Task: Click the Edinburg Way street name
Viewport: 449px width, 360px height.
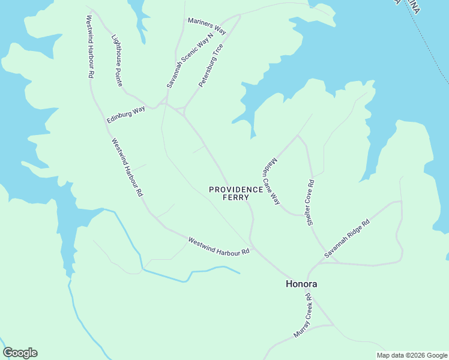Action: [x=126, y=114]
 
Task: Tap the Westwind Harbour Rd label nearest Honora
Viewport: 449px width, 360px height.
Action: [x=218, y=247]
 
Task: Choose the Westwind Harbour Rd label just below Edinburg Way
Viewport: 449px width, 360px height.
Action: [x=127, y=167]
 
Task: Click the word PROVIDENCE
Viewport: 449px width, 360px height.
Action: [x=236, y=189]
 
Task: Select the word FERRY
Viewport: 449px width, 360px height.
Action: [x=235, y=197]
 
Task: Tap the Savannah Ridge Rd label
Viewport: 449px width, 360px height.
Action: [x=347, y=239]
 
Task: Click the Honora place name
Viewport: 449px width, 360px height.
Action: [x=301, y=284]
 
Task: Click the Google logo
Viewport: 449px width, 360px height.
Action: [x=20, y=353]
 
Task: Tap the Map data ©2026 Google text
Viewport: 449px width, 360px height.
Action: [x=411, y=355]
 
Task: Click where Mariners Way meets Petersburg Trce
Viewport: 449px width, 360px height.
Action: [x=240, y=16]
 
